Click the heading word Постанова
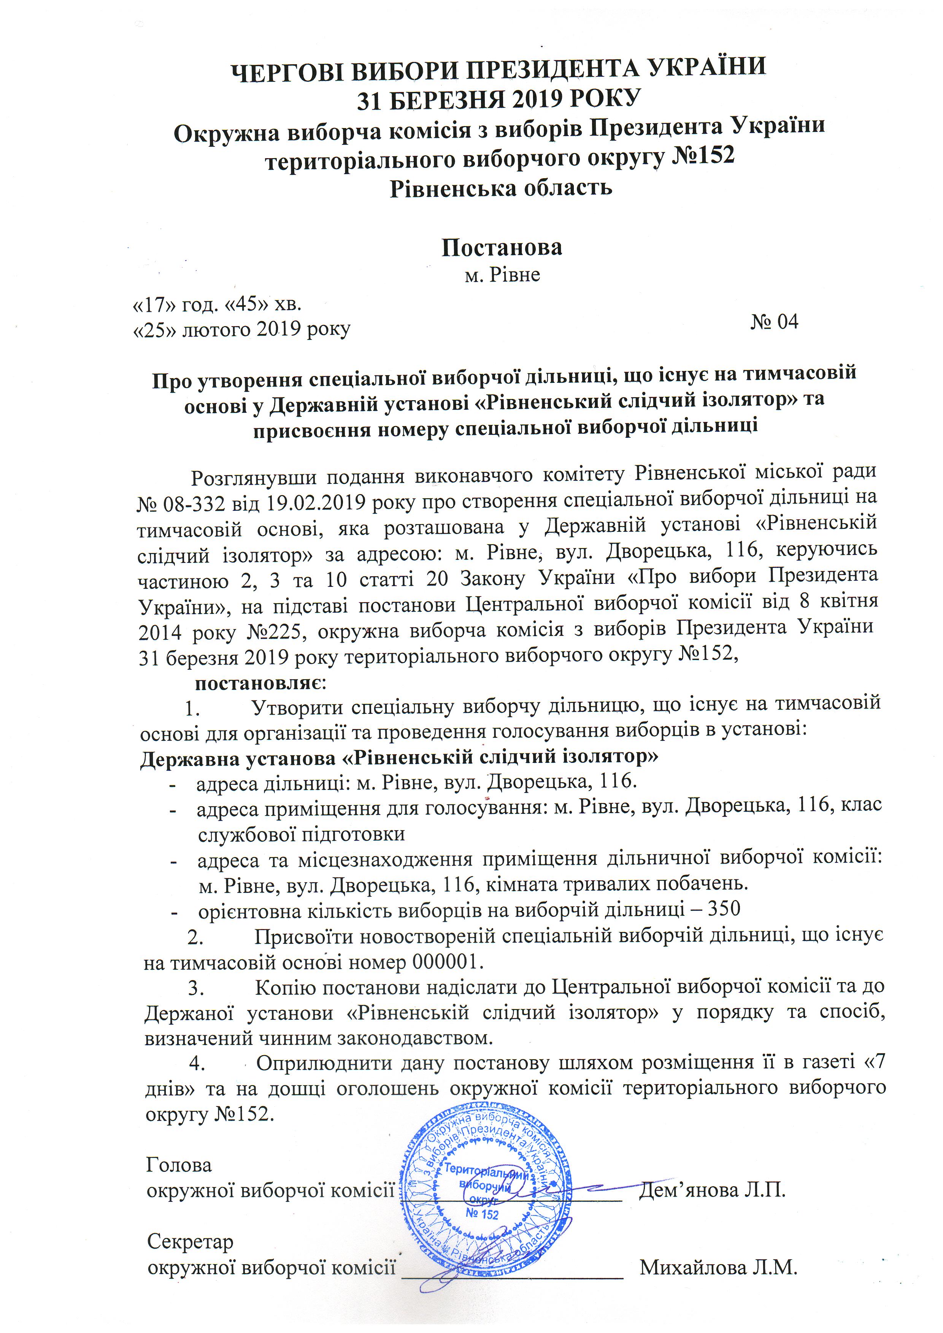pyautogui.click(x=501, y=248)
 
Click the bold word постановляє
pyautogui.click(x=260, y=683)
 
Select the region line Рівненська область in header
pyautogui.click(x=500, y=188)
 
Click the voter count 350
pyautogui.click(x=724, y=908)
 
